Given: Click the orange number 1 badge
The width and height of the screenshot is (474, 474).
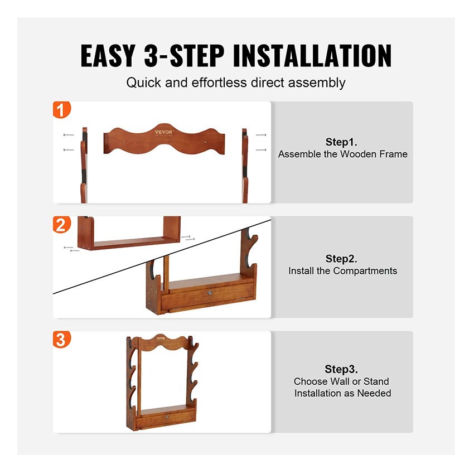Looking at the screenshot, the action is [62, 109].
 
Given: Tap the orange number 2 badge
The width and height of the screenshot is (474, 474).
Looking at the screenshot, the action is [62, 225].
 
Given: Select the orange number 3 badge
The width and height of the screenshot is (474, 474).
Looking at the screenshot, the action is [62, 339].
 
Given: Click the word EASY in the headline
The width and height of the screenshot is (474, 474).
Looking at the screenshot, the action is [108, 56].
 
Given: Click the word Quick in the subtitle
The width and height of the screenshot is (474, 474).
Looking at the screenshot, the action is [143, 83].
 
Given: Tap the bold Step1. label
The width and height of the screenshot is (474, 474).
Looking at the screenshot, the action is [341, 142].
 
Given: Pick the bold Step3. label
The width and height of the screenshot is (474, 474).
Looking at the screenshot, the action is [341, 369].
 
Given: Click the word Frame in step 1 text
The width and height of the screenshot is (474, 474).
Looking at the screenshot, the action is [393, 154].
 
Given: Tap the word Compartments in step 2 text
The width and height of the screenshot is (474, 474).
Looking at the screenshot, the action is [365, 271].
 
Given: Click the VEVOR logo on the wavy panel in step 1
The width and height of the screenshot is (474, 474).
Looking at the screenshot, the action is [164, 132].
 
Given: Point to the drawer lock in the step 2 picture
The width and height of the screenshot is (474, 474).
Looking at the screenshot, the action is [210, 293].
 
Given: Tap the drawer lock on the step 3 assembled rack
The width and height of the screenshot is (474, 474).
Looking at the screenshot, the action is [167, 417].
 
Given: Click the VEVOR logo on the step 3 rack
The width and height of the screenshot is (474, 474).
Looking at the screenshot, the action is [161, 338].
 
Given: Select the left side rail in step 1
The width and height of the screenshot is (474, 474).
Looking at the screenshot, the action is [84, 165].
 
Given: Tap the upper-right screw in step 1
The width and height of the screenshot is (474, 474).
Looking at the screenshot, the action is [261, 135].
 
